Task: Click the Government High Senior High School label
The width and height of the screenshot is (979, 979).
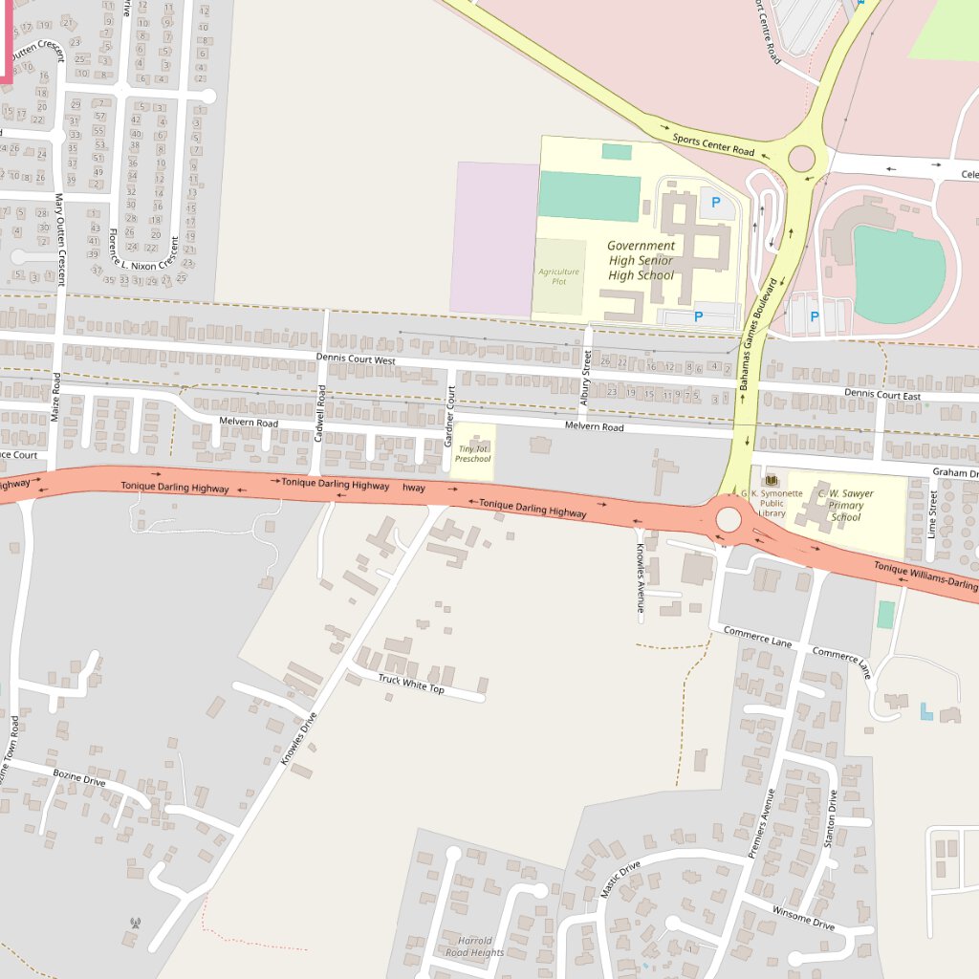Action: point(641,260)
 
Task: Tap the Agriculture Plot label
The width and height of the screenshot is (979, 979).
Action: point(558,277)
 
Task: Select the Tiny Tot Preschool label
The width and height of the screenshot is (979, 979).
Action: point(472,454)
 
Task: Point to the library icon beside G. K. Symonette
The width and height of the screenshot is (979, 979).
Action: point(770,479)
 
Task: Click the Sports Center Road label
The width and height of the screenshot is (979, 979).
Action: point(713,144)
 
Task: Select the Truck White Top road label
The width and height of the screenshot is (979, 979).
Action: point(411,684)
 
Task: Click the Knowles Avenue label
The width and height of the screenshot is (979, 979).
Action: point(641,571)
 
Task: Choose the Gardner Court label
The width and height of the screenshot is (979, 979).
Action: point(449,416)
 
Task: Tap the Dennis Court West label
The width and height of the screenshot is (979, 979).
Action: point(356,360)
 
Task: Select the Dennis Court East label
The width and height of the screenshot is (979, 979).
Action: point(882,394)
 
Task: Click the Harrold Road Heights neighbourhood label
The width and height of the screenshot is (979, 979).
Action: point(474,946)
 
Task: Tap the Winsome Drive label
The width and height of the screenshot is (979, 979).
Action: point(803,919)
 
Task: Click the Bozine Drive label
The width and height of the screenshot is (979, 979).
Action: point(79,780)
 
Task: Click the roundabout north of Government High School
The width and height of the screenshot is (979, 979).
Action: point(801,159)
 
